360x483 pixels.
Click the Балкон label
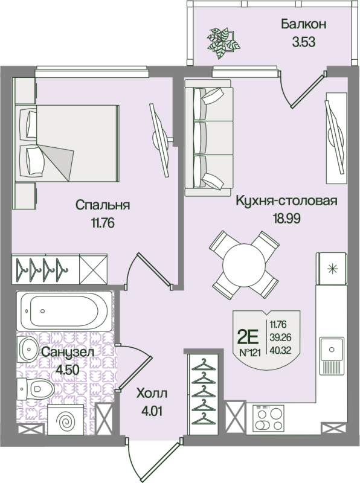tap(303, 24)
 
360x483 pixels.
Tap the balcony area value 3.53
tap(304, 42)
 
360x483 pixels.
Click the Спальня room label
tap(103, 205)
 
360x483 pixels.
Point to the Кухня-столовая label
tap(286, 200)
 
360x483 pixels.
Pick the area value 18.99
tap(287, 219)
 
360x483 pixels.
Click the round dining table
tap(244, 264)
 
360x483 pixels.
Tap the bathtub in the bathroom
tap(65, 311)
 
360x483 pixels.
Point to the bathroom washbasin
tap(28, 350)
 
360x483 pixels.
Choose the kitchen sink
tap(332, 350)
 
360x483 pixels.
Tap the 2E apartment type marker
tap(248, 337)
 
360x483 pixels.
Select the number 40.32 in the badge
tap(280, 351)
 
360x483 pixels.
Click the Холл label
tap(152, 394)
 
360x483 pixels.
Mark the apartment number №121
tap(250, 353)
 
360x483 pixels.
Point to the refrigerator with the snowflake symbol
tap(332, 269)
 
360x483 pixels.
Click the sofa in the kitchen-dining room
tap(208, 138)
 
